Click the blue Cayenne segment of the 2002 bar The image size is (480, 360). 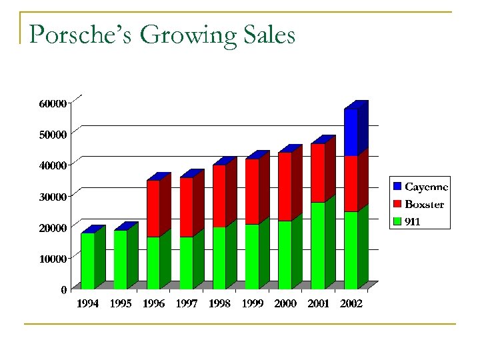(x=351, y=132)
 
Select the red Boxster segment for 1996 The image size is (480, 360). (x=153, y=209)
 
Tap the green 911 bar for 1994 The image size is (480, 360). (x=87, y=261)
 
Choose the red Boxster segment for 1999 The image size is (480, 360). (x=252, y=191)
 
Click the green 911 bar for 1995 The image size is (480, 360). (x=120, y=259)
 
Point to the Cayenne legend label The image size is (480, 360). (x=426, y=187)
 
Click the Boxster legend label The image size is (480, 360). (x=424, y=204)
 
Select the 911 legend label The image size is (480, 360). (x=413, y=221)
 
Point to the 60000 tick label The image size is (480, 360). (x=53, y=104)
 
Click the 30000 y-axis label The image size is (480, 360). (x=53, y=197)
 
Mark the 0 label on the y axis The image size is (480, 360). (x=63, y=290)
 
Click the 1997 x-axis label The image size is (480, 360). (x=187, y=304)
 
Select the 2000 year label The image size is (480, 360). (x=285, y=304)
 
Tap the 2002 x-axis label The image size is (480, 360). (x=351, y=304)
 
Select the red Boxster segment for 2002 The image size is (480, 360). (x=351, y=183)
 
